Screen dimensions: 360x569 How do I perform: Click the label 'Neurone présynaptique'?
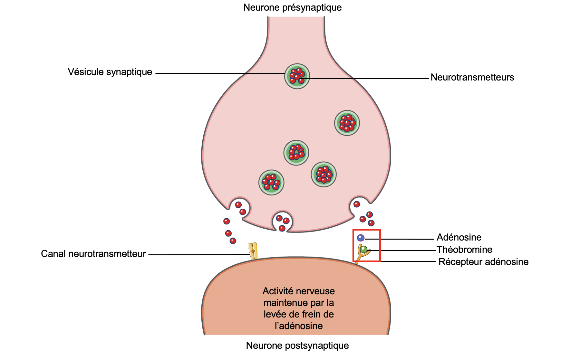[x=292, y=7]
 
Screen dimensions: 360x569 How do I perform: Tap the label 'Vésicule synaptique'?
[x=110, y=72]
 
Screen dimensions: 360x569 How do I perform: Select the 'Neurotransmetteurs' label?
[x=472, y=77]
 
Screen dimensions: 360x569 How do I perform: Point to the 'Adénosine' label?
[x=459, y=237]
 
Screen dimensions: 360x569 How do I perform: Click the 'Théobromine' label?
[x=464, y=250]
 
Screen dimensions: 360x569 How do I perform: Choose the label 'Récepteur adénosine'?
[x=483, y=262]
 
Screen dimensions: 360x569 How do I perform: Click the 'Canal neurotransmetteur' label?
[x=93, y=254]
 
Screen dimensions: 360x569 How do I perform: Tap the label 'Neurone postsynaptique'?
[x=297, y=346]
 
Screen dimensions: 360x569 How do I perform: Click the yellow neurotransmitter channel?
[x=253, y=251]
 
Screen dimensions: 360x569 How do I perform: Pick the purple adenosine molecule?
[x=361, y=238]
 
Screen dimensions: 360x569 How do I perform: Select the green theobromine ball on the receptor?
[x=363, y=249]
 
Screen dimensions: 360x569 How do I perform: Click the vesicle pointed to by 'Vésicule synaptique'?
[x=297, y=76]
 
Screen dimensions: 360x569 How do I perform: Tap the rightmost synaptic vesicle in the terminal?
[x=347, y=123]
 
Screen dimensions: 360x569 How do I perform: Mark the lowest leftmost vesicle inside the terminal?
[x=271, y=183]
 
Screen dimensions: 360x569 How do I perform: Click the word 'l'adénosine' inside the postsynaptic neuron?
[x=299, y=326]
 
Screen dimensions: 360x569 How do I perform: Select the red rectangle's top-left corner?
[x=353, y=230]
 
